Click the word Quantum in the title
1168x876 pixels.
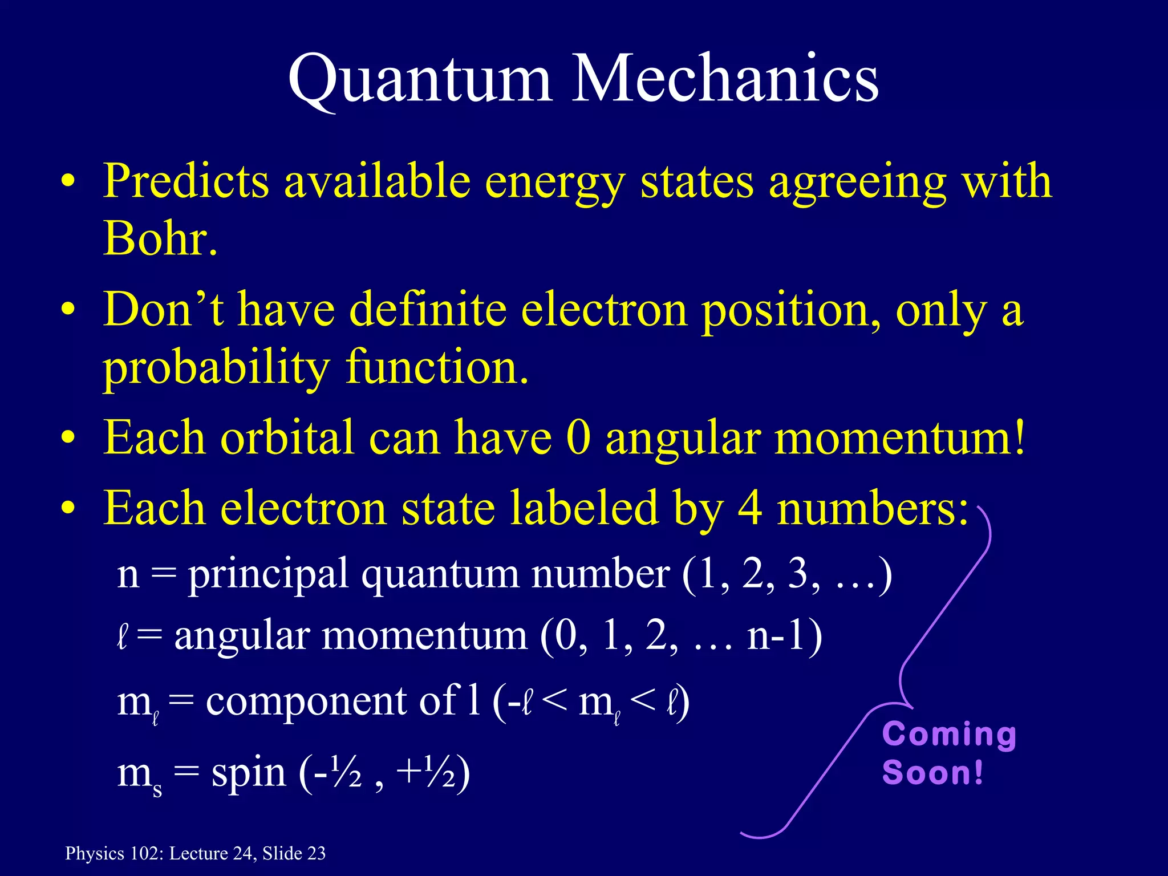point(419,80)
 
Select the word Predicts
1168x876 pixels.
point(185,181)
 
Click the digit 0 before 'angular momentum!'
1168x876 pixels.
point(578,438)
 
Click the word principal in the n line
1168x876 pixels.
point(268,575)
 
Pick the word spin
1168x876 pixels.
point(248,774)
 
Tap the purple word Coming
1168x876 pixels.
point(949,735)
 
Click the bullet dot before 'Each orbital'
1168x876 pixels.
point(68,439)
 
